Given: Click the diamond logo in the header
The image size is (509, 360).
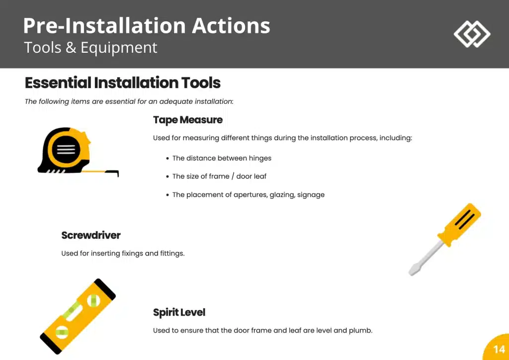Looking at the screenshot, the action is point(472,34).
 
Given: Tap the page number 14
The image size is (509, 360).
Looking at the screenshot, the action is point(499,349).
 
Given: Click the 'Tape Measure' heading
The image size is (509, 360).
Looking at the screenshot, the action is point(187,120).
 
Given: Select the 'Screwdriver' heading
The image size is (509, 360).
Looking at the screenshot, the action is point(91,235).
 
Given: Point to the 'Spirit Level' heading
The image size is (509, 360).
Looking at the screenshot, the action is point(179,313).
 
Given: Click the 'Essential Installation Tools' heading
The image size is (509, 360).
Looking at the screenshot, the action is point(123,83).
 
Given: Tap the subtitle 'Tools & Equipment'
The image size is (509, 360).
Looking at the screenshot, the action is point(90,47).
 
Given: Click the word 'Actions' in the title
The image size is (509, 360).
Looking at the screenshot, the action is point(231,26).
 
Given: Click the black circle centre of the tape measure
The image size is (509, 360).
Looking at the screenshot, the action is point(66,150).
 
